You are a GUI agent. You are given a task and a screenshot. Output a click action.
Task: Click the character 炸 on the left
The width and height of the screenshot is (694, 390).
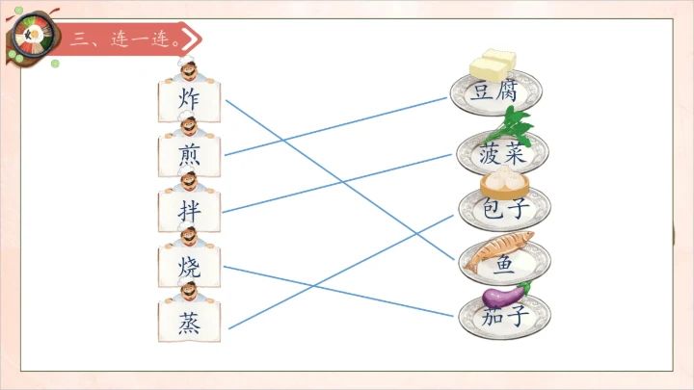[189, 99]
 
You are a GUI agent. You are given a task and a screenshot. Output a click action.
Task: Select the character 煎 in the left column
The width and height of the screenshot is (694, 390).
[189, 154]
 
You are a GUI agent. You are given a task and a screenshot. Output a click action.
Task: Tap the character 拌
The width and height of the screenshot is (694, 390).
[189, 210]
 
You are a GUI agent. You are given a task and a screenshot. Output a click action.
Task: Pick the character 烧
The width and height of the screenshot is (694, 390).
[189, 266]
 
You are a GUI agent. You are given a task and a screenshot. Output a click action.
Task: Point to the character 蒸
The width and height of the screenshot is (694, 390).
[189, 321]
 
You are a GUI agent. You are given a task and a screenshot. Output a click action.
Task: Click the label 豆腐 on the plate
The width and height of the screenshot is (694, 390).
[496, 92]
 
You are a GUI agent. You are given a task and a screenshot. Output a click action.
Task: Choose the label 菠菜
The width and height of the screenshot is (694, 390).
[502, 152]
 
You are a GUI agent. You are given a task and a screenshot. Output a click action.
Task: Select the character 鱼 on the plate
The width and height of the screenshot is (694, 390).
[504, 263]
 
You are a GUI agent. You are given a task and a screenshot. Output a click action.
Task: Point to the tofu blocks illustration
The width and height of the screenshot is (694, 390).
[493, 66]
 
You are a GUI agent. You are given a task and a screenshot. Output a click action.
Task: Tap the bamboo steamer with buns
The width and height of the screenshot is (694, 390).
[502, 180]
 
